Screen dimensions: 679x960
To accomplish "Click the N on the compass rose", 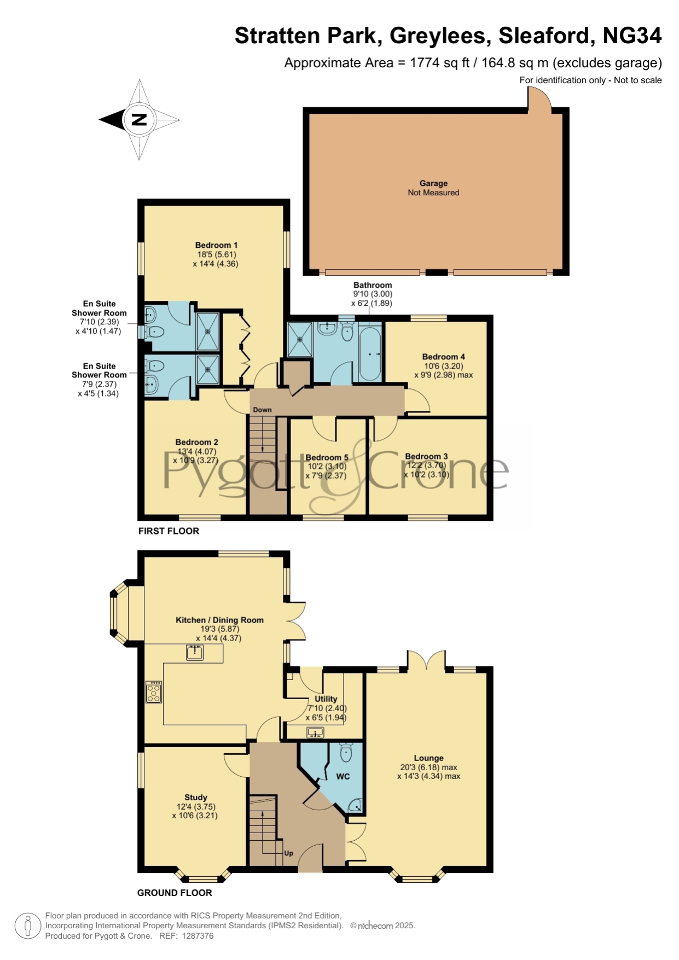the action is [139, 119].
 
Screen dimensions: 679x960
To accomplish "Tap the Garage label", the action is [433, 183].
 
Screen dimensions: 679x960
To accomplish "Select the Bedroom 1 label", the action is [216, 245].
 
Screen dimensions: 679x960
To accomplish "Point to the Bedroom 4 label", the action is [443, 357].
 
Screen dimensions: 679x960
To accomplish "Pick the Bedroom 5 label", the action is [327, 457].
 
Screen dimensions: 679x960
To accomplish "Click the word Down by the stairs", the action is [262, 410].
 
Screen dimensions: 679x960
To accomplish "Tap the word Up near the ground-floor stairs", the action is [288, 853].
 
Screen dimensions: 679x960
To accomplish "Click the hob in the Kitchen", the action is [154, 691].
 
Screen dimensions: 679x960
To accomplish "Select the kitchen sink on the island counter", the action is [195, 652].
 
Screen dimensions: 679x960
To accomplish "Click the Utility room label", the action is [326, 699].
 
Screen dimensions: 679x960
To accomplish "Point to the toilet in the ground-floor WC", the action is [346, 752].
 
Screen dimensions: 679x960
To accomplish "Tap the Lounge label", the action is [428, 758].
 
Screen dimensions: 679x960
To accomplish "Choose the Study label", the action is [195, 798].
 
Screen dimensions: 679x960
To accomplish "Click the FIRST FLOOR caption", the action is [169, 531].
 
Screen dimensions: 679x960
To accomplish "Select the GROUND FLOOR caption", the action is [175, 892].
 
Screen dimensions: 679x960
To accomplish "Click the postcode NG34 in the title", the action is [632, 36].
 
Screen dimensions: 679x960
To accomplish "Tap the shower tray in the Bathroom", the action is [300, 339].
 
